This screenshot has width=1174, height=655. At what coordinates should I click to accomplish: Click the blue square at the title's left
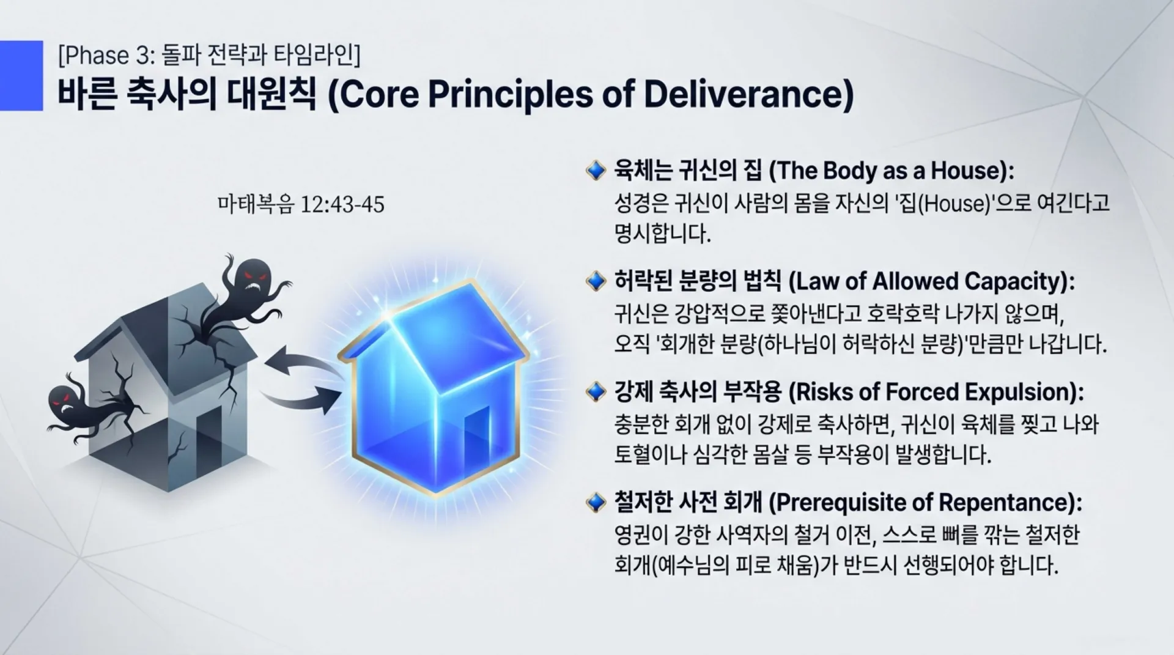coord(21,75)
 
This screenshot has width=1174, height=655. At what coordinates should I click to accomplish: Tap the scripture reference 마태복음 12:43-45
coord(301,204)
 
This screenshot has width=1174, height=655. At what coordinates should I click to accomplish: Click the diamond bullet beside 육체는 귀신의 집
coord(596,171)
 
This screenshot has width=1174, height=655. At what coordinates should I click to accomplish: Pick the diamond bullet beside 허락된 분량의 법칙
coord(596,281)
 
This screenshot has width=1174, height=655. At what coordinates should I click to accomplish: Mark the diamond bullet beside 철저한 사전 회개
coord(596,502)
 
